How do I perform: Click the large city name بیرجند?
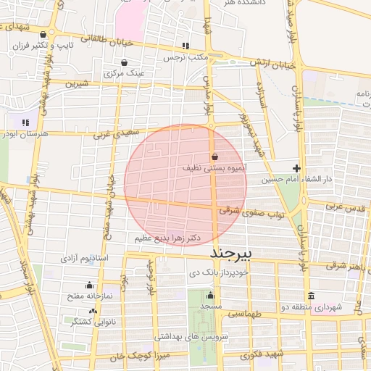(234, 254)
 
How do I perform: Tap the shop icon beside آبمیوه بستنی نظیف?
(214, 157)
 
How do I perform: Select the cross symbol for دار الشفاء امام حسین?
(296, 168)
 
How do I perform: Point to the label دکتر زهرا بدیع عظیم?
(167, 238)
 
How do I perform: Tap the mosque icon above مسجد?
(211, 296)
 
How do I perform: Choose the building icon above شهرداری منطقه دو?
(311, 296)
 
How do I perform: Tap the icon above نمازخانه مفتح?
(89, 285)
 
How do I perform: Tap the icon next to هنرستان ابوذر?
(25, 122)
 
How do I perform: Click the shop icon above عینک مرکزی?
(125, 62)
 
